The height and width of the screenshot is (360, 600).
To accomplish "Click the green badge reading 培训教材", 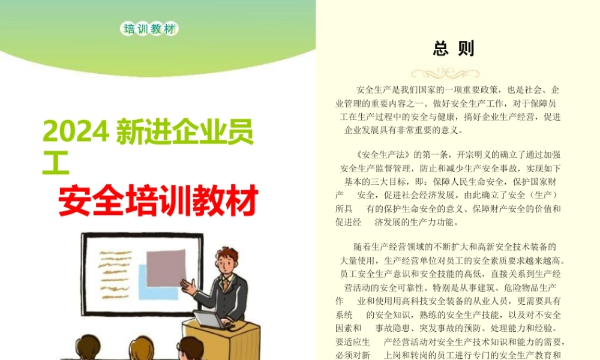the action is [x=149, y=29].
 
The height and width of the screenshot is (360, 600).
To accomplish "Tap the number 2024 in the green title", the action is [x=76, y=132].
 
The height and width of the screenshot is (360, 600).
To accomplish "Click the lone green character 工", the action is [x=56, y=163].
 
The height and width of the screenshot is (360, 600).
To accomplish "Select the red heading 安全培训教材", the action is [x=158, y=200].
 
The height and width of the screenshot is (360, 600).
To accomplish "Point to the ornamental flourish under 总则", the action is [x=445, y=73].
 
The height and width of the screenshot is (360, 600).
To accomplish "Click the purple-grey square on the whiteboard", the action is [x=166, y=269].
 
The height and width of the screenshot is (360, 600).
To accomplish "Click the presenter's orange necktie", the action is [x=227, y=284].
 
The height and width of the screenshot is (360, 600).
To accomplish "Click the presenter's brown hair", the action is [x=227, y=255].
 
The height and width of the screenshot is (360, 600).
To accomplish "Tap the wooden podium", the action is [x=222, y=340].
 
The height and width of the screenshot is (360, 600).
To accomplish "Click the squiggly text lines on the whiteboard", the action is [x=115, y=274].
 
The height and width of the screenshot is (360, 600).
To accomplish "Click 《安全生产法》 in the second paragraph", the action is [x=382, y=155].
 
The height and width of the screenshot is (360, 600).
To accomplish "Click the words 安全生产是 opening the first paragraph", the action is [x=378, y=90].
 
